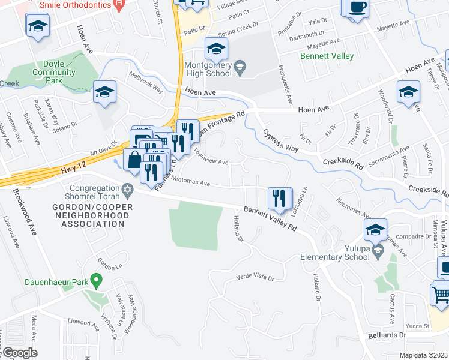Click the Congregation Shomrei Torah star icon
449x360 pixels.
127,189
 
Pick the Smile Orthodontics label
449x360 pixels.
76,5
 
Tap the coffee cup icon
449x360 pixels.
358,7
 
